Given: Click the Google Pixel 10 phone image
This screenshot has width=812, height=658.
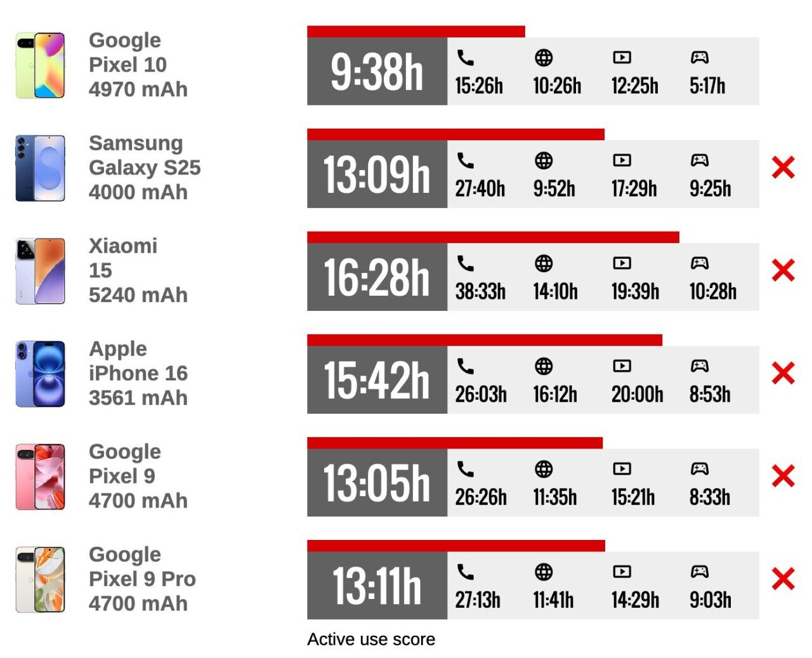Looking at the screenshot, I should point(41,65).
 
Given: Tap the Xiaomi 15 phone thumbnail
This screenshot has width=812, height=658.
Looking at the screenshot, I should point(41,271).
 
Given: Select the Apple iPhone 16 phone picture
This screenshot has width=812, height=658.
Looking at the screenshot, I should point(41,374).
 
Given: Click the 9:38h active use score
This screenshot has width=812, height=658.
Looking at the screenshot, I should point(377,71).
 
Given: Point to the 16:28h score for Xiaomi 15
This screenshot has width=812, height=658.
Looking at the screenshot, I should point(377,277).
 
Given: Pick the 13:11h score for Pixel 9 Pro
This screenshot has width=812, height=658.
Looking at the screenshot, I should point(377,586).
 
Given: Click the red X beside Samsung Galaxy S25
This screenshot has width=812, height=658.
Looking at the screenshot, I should point(783,168).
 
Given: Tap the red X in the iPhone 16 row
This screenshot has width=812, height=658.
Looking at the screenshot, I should point(783,373).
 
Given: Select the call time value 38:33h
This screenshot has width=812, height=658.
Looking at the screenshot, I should point(480,291).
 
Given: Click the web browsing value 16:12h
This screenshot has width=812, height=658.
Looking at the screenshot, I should point(555,394).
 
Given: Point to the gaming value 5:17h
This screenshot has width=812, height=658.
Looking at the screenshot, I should point(707,86).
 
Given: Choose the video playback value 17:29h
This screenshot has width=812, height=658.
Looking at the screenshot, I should point(634,188).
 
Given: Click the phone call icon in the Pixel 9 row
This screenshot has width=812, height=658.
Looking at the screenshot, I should point(466,469).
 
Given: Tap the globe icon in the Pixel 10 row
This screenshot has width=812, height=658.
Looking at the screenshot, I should point(544,58).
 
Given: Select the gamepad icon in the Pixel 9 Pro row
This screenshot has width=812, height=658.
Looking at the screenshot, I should point(700,572).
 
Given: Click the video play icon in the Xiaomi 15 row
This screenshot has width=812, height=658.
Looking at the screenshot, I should point(622,263).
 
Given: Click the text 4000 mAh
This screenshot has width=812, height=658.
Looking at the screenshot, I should point(138,192).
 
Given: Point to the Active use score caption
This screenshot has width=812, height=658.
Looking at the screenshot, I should point(371,639).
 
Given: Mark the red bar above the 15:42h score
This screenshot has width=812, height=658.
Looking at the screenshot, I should point(485,340).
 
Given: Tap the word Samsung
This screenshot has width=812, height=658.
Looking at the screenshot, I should point(136,143).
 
